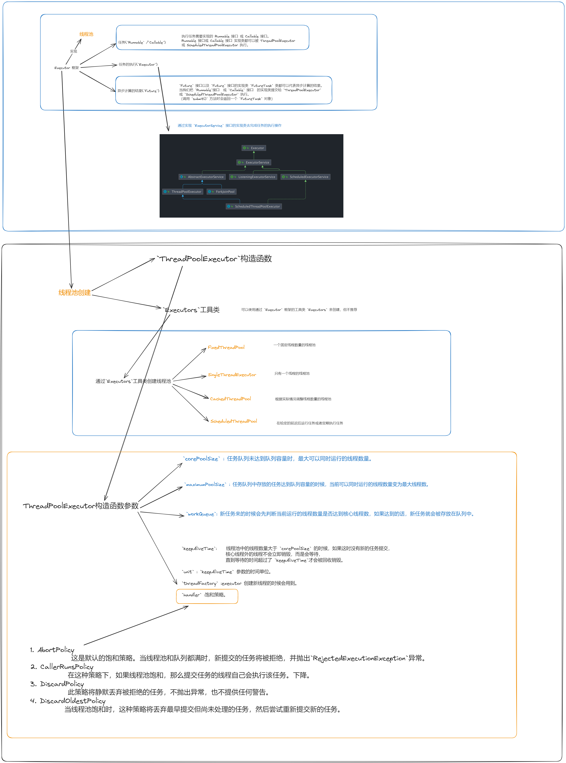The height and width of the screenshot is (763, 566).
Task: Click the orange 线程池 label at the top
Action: point(86,34)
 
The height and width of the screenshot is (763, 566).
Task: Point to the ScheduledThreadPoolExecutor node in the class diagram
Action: point(254,206)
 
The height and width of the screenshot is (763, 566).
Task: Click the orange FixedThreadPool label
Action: point(226,347)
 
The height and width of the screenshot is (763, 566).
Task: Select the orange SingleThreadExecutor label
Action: point(232,375)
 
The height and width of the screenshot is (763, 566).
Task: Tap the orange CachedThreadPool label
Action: point(230,399)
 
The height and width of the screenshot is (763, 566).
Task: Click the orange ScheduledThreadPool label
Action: point(234,421)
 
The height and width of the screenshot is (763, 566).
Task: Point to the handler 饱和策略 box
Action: point(207,596)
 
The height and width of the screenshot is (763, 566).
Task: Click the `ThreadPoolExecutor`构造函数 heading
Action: point(214,259)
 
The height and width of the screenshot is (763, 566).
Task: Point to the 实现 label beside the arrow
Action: point(74,51)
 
